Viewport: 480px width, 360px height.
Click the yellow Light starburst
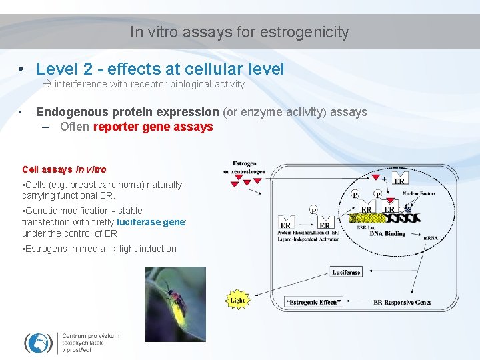point(237,300)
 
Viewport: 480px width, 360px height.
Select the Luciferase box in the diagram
point(346,272)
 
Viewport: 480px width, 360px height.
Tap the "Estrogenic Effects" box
point(313,302)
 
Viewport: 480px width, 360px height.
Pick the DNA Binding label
point(387,234)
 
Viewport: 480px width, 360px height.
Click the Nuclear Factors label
point(419,193)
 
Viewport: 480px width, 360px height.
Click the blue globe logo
point(38,343)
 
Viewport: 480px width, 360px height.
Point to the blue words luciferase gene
point(150,222)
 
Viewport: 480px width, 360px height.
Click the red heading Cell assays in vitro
point(64,169)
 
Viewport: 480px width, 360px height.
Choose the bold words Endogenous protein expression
point(127,112)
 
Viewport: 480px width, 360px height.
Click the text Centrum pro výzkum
point(91,336)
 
